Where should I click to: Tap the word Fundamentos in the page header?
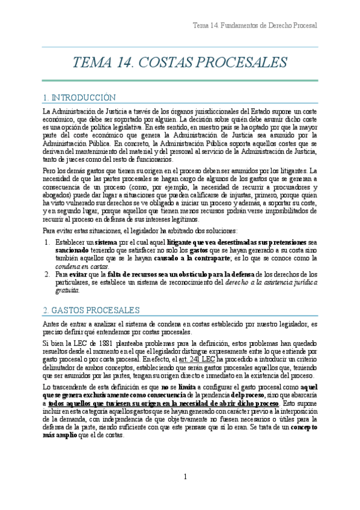click(x=241, y=26)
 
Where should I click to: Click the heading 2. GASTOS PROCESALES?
click(x=91, y=310)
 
